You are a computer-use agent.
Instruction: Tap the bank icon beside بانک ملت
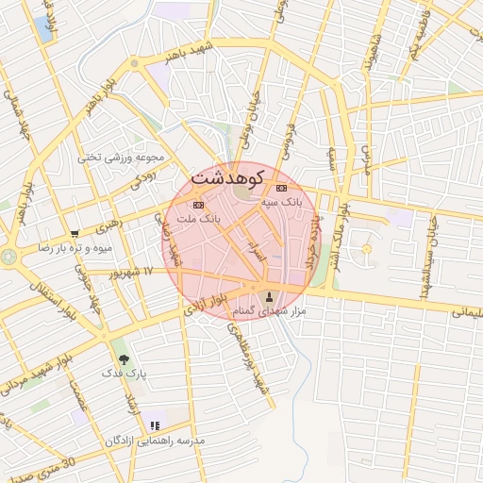coord(198,204)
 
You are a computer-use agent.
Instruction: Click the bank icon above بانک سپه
coord(281,188)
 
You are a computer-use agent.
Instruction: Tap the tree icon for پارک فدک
coord(123,358)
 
